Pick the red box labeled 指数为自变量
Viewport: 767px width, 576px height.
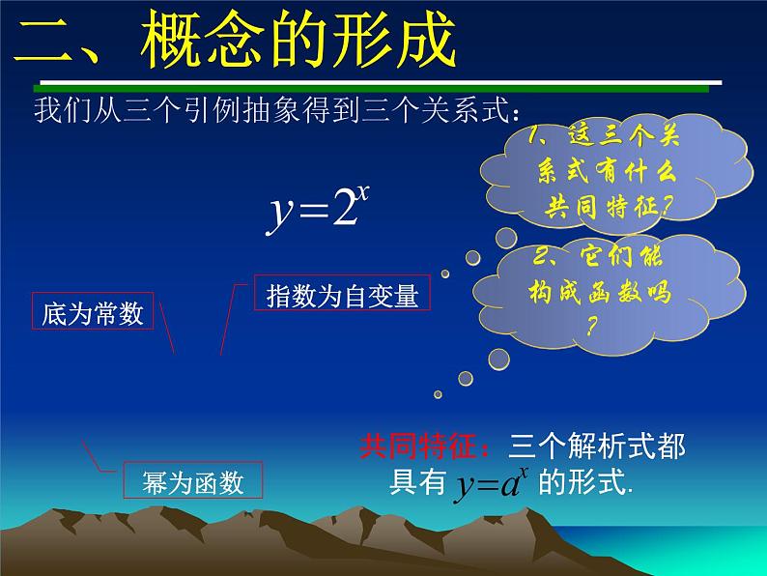pyautogui.click(x=342, y=295)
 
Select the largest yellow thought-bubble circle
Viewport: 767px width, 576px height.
pyautogui.click(x=498, y=360)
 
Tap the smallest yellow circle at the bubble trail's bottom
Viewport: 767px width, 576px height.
pyautogui.click(x=438, y=393)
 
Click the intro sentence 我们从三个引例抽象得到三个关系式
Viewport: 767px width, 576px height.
pyautogui.click(x=270, y=109)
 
